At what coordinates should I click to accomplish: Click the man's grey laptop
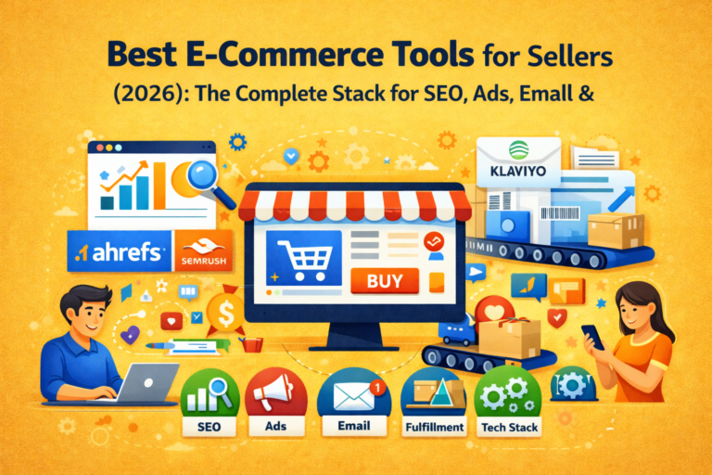coord(146,381)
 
